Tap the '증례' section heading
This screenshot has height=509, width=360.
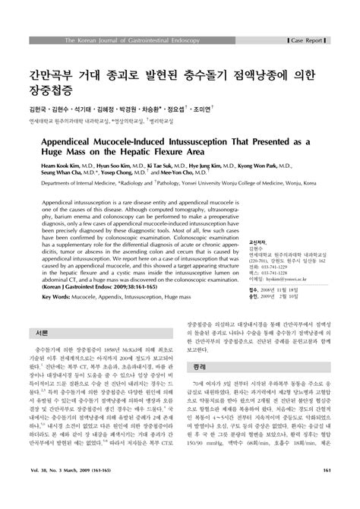pos(197,387)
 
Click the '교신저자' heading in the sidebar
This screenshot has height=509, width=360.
pos(258,241)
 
